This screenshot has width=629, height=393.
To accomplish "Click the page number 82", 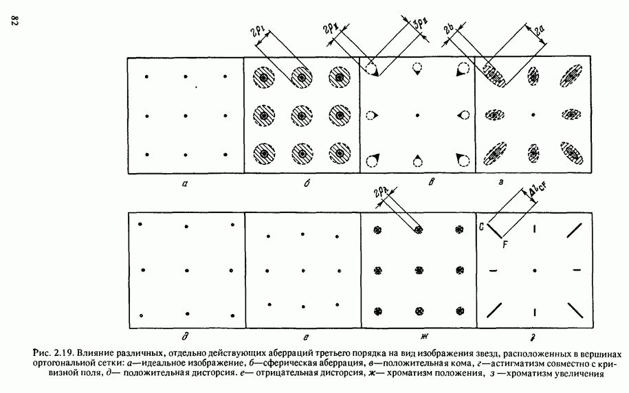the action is click(14, 21).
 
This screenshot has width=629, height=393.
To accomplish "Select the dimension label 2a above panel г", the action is click(540, 30).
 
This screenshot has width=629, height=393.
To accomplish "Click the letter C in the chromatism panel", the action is click(481, 227).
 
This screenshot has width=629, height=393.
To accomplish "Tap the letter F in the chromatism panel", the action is click(505, 244).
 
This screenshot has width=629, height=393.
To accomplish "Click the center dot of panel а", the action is click(186, 116).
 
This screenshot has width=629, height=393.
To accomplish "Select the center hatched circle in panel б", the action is click(301, 116).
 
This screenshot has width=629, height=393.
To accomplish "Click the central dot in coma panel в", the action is click(417, 115).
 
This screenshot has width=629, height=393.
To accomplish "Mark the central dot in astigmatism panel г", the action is click(533, 115).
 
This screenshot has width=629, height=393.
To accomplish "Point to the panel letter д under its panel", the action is click(185, 337).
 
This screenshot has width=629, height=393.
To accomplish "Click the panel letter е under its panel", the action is click(306, 337).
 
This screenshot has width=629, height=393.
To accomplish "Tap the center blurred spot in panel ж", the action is click(419, 270).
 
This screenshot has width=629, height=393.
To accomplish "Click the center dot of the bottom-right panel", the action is click(535, 271).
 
